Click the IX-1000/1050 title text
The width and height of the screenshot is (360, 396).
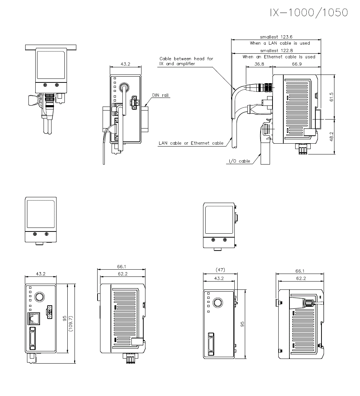(x=309, y=13)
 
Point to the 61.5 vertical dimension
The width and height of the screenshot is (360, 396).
(x=332, y=97)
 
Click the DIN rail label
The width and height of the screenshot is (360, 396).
(x=160, y=95)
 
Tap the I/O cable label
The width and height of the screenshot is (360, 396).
(x=239, y=161)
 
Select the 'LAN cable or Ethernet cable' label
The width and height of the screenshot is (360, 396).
(x=191, y=143)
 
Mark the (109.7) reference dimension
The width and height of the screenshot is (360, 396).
(x=71, y=323)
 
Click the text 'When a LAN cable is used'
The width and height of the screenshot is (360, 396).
(x=280, y=43)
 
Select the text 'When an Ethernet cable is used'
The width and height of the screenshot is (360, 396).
(x=279, y=57)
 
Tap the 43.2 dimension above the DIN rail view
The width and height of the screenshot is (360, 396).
(x=125, y=64)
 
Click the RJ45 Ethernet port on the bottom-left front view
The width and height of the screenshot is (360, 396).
(x=34, y=318)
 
